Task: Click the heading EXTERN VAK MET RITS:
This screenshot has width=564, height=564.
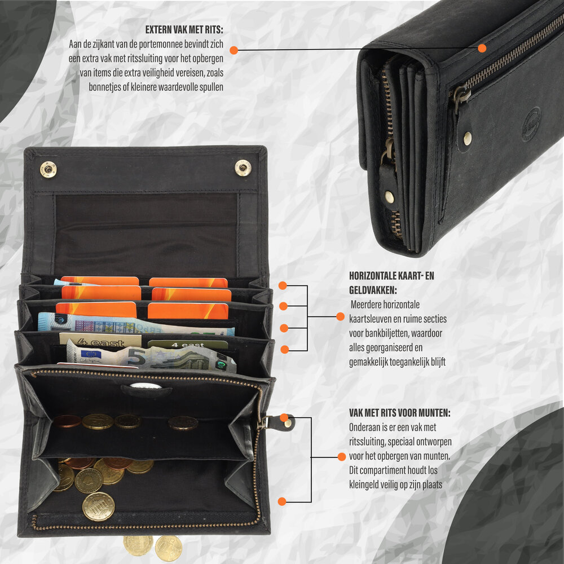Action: click(x=184, y=29)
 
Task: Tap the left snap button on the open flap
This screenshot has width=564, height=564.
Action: click(x=48, y=169)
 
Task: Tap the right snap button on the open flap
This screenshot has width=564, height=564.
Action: click(x=243, y=168)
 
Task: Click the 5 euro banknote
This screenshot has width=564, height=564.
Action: click(x=151, y=356)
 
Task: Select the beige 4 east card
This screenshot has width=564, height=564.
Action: click(x=100, y=340)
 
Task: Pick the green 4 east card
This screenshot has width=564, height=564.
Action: click(x=187, y=345)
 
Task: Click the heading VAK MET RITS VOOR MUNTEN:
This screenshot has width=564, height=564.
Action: click(x=400, y=413)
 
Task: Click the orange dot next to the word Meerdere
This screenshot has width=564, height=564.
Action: click(x=340, y=316)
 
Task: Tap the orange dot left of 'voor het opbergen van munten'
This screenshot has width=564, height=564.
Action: click(x=342, y=457)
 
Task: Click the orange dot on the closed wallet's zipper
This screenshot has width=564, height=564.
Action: click(x=482, y=48)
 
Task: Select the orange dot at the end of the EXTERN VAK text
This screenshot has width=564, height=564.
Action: click(x=234, y=50)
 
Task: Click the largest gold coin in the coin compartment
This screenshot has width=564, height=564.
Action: click(x=99, y=506)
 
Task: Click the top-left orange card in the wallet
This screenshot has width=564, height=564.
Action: click(x=100, y=280)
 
